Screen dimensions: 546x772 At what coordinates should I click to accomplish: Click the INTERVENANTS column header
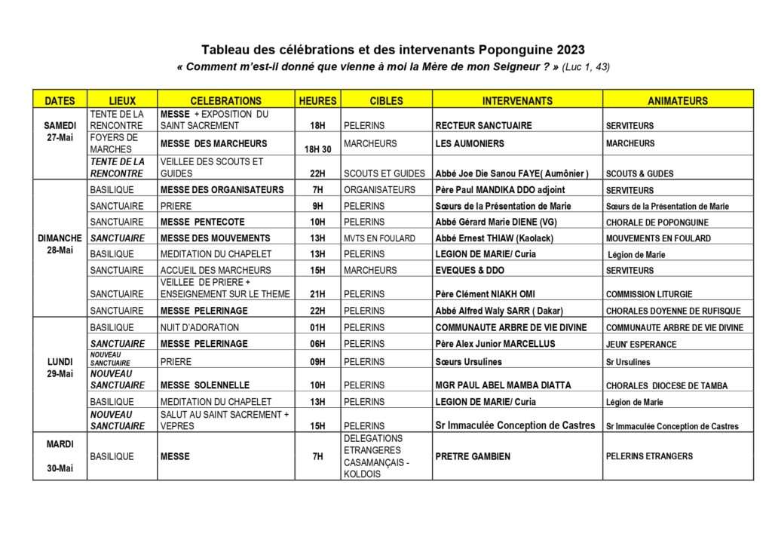pyautogui.click(x=516, y=100)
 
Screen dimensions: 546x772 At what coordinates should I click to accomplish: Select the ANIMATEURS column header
pyautogui.click(x=678, y=100)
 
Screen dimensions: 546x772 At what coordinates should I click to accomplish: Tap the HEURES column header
pyautogui.click(x=318, y=100)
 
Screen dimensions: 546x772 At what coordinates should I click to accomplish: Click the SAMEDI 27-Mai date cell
pyautogui.click(x=60, y=131)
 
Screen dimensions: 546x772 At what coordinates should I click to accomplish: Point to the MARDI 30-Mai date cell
pyautogui.click(x=60, y=456)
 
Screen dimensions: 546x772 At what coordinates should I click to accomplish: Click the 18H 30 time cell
pyautogui.click(x=318, y=149)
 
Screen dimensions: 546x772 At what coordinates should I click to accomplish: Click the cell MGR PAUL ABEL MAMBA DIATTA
pyautogui.click(x=503, y=385)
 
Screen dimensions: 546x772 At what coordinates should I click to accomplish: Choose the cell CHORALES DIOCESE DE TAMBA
pyautogui.click(x=666, y=385)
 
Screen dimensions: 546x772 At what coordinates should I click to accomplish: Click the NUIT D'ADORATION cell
pyautogui.click(x=200, y=327)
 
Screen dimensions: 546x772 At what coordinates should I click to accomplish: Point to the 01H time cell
pyautogui.click(x=318, y=327)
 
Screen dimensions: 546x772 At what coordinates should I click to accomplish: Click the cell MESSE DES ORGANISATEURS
pyautogui.click(x=222, y=189)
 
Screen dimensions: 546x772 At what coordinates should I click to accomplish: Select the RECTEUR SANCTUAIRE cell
pyautogui.click(x=483, y=125)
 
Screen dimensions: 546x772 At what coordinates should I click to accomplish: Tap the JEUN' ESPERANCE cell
pyautogui.click(x=641, y=344)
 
